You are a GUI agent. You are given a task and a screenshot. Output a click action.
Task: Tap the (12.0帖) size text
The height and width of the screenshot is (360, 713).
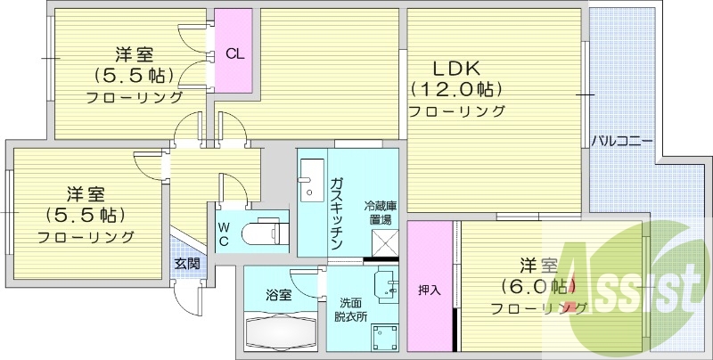click(456, 90)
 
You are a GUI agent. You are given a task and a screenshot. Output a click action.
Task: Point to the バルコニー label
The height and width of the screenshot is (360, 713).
click(622, 141)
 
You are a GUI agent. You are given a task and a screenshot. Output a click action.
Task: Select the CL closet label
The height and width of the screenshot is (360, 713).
click(234, 53)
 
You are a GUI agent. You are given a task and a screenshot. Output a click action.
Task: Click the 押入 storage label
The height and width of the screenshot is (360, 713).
click(430, 290)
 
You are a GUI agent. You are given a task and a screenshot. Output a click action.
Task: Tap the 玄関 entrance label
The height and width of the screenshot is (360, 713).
click(186, 263)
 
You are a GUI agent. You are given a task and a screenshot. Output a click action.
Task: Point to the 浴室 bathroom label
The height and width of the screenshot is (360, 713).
click(278, 295)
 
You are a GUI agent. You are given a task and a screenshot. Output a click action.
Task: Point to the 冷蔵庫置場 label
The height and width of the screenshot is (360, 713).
click(380, 213)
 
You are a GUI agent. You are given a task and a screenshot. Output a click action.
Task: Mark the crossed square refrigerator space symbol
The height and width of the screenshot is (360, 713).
click(384, 241)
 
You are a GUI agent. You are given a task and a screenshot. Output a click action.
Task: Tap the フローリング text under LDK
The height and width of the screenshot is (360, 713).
click(456, 111)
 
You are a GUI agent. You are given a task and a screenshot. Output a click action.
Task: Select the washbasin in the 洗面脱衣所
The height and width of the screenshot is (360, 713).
click(385, 284)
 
